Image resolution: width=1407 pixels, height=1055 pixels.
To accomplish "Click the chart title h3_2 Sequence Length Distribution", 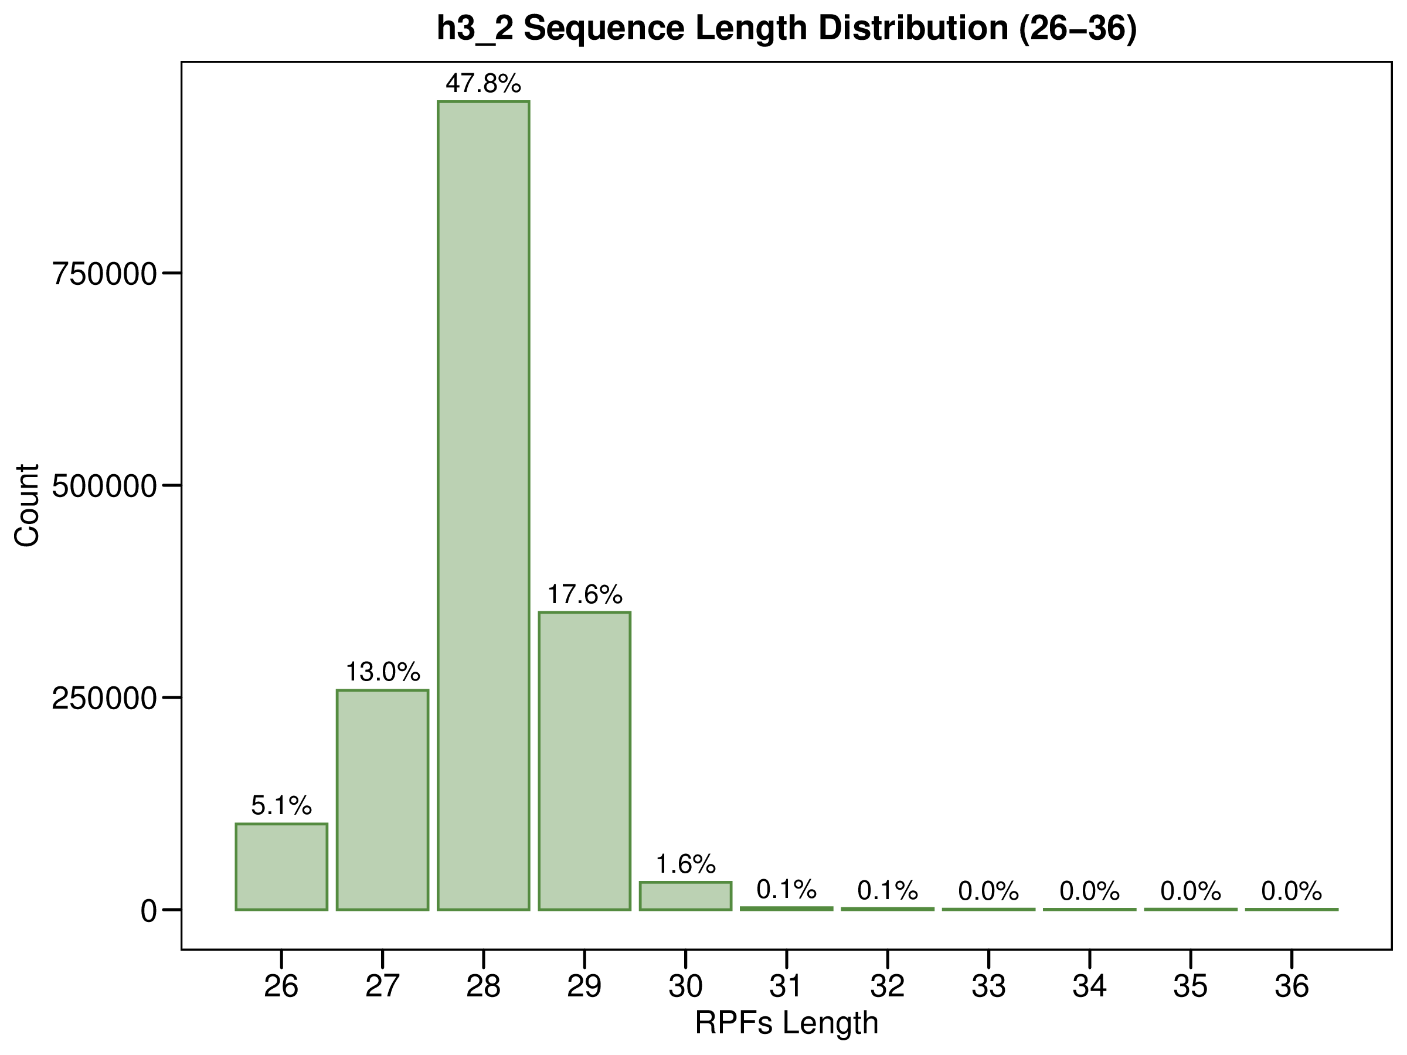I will click(x=786, y=29).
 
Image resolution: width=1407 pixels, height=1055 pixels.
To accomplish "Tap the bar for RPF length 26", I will click(x=281, y=866).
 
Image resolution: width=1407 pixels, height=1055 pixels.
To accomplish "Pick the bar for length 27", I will click(x=382, y=799).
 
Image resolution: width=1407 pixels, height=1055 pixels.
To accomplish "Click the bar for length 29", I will click(x=584, y=761).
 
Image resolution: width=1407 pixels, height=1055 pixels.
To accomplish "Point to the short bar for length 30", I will click(x=685, y=896).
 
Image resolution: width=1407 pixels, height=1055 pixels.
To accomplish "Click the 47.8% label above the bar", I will click(x=484, y=83).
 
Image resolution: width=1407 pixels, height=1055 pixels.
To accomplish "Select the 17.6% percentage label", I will click(x=584, y=594).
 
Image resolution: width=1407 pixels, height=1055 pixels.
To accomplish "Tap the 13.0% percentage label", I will click(x=382, y=672).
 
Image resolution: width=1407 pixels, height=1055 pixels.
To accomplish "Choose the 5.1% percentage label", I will click(x=281, y=806).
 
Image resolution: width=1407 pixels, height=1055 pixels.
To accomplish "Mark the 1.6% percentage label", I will click(x=685, y=865).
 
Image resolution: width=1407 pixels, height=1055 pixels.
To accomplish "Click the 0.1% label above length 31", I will click(x=786, y=889).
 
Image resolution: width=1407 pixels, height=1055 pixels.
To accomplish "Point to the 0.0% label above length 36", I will click(x=1292, y=891).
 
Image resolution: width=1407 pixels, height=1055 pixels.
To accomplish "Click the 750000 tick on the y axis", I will click(x=104, y=274).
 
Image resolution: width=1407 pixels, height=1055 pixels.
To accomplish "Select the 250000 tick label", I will click(x=104, y=698).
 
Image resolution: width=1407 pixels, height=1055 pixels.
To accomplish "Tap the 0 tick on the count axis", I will click(x=149, y=911).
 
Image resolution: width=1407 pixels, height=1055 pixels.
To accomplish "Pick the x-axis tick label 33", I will click(x=988, y=986).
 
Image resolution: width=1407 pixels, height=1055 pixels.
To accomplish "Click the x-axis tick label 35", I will click(x=1190, y=986).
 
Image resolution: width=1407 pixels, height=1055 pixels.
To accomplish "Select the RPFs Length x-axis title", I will click(x=786, y=1023).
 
